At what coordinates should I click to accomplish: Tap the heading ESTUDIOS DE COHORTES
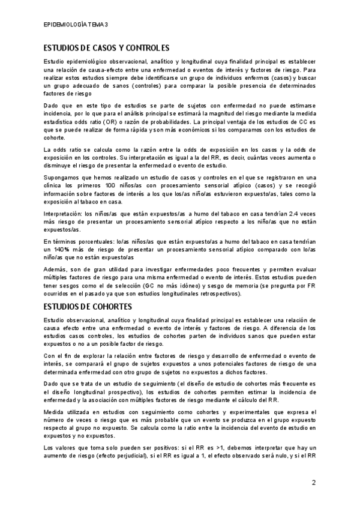[x=87, y=307]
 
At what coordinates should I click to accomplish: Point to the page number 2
[x=313, y=482]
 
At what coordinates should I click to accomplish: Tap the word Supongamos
[x=63, y=177]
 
